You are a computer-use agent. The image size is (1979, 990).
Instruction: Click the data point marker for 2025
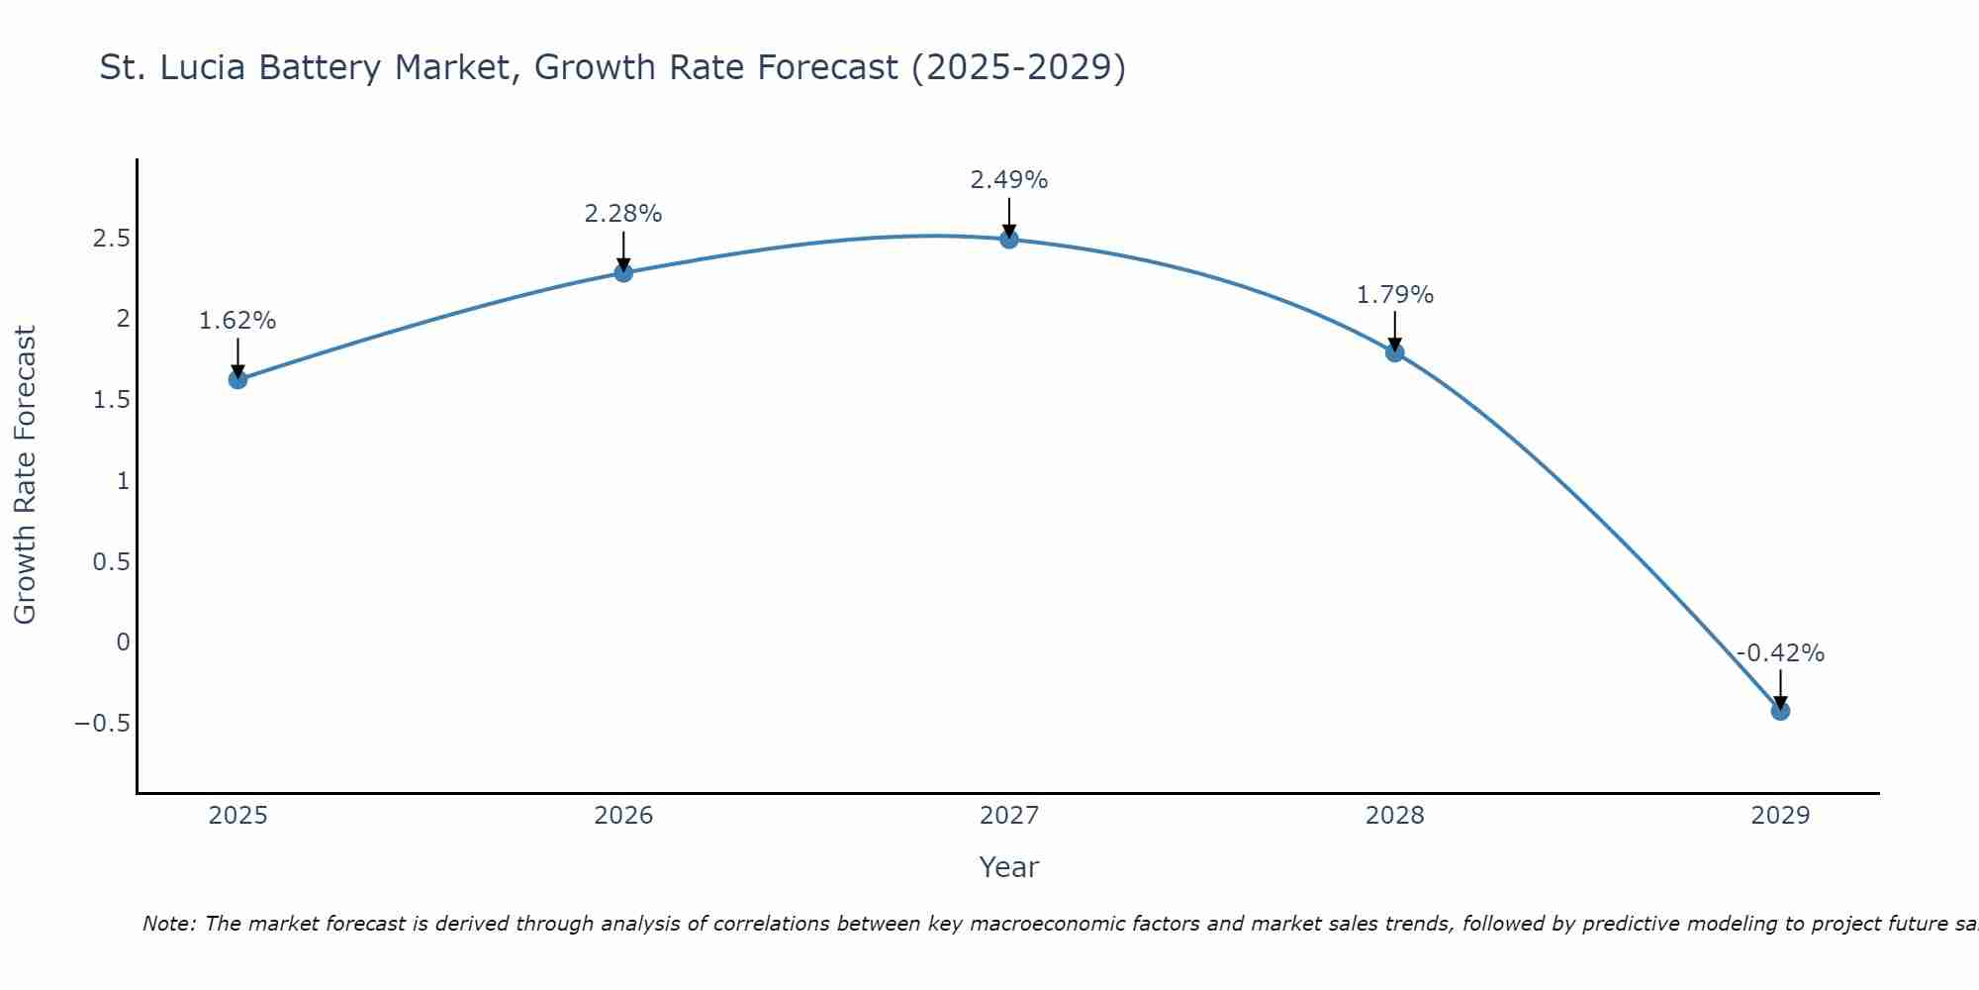click(237, 379)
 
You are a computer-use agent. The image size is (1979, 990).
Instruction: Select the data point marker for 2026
click(623, 272)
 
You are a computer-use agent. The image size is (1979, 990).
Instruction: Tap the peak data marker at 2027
click(1009, 239)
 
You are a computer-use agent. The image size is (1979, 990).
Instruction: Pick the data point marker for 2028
click(1395, 351)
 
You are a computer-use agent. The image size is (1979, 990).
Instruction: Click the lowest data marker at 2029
click(1780, 711)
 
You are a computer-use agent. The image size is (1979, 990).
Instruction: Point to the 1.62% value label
click(237, 321)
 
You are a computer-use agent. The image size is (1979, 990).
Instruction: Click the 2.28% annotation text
click(623, 214)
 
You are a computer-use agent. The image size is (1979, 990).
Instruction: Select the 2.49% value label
click(1009, 180)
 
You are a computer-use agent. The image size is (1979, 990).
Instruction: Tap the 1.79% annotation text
click(1395, 295)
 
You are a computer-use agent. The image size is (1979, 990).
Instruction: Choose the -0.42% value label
click(1780, 653)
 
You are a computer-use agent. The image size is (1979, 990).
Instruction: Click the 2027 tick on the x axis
click(1009, 816)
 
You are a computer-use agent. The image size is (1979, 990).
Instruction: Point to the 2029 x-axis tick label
click(1780, 816)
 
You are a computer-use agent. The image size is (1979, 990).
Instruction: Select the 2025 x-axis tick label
click(237, 816)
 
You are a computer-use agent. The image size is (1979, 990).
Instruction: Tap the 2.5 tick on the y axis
click(112, 239)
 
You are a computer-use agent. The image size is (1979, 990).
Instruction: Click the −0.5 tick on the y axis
click(102, 723)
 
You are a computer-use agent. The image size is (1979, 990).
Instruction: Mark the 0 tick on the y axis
click(123, 642)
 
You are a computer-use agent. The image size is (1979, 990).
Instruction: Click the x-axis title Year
click(1009, 867)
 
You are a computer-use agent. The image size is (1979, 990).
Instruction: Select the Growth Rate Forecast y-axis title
click(25, 475)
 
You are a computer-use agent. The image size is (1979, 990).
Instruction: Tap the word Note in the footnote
click(168, 924)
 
